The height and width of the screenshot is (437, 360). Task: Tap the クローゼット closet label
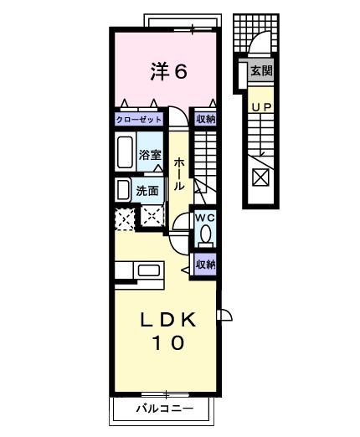click(x=138, y=119)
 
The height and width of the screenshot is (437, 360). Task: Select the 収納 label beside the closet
click(x=205, y=119)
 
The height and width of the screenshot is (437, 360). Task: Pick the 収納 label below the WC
click(x=205, y=264)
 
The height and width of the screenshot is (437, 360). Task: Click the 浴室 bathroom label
click(x=150, y=154)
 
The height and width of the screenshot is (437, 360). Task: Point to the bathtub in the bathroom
click(x=125, y=153)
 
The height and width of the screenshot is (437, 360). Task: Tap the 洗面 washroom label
click(x=148, y=191)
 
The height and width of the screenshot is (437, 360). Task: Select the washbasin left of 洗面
click(x=122, y=189)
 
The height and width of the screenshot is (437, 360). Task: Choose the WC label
click(x=206, y=218)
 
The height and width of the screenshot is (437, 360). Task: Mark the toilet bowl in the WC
click(x=206, y=237)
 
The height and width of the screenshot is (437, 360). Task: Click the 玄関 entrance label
click(x=261, y=72)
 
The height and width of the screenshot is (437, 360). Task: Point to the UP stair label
click(x=261, y=108)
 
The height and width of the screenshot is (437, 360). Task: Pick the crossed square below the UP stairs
click(x=261, y=177)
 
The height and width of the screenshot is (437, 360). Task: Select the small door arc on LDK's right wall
click(x=224, y=315)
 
